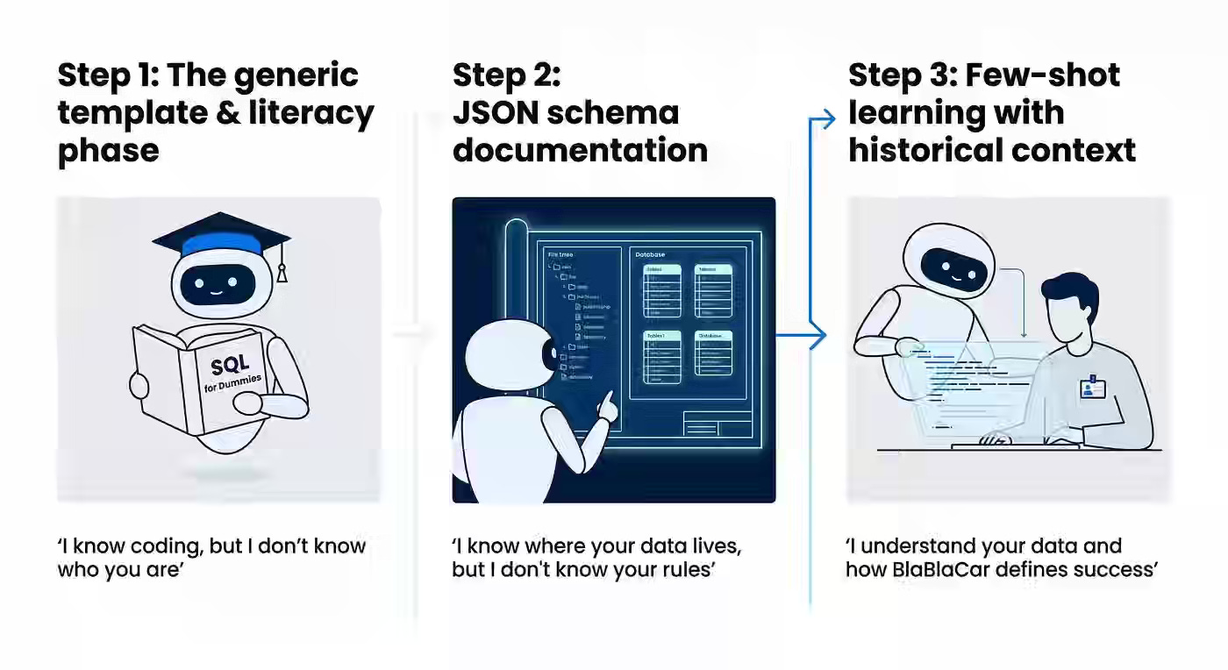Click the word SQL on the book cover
tap(230, 362)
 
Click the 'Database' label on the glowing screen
tap(650, 254)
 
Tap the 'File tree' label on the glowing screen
tap(560, 254)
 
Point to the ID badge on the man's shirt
tap(1091, 387)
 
